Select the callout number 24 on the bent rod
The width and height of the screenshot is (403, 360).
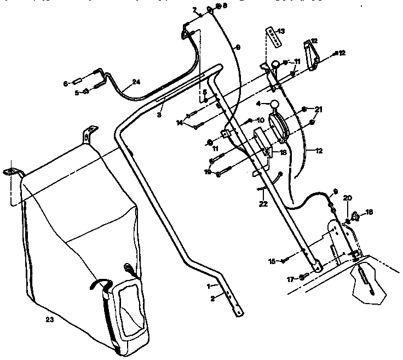point(136,82)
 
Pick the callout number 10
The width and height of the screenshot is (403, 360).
point(261,120)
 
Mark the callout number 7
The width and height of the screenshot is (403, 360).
point(194,10)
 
